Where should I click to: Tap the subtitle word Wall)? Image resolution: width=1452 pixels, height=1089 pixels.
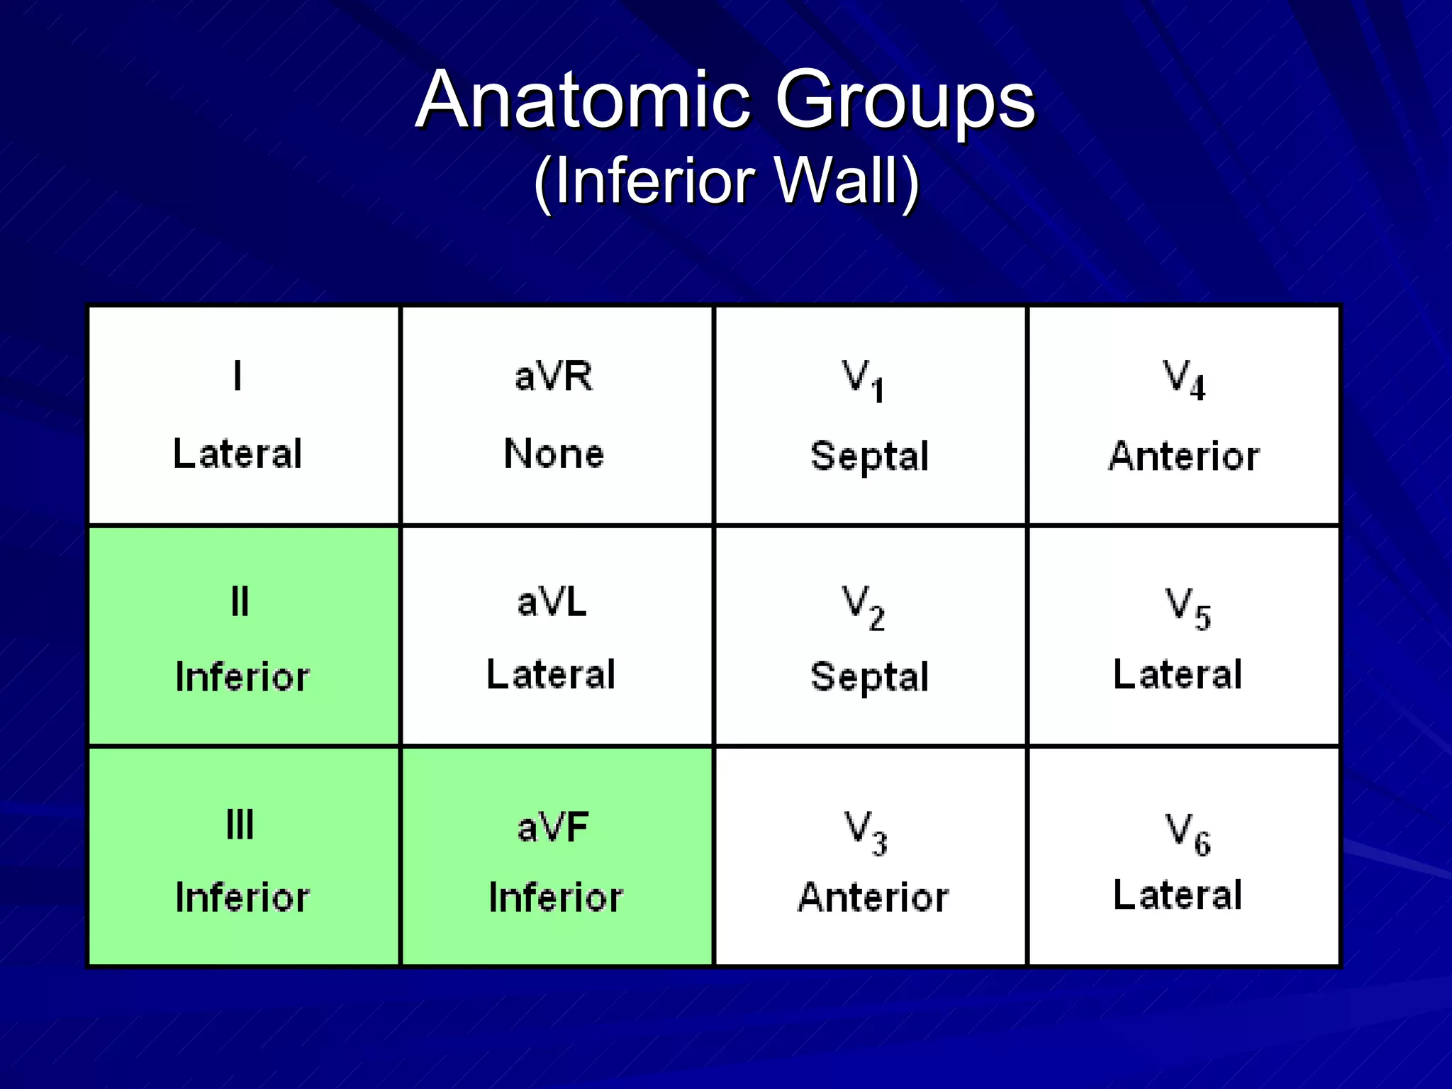point(847,181)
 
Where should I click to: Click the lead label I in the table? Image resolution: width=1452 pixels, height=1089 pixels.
point(238,376)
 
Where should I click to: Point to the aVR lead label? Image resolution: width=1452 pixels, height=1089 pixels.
point(554,376)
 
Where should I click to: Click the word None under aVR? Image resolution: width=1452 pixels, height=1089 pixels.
point(554,454)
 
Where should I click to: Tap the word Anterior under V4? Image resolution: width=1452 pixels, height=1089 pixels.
point(1184,456)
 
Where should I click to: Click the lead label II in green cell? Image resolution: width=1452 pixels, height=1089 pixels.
point(240,603)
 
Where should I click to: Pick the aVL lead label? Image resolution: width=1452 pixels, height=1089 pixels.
point(552,603)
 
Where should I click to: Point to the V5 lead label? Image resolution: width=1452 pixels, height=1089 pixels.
point(1188,608)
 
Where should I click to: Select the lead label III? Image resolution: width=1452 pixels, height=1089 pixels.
point(240,825)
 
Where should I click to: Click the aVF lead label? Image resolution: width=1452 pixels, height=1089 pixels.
point(554,827)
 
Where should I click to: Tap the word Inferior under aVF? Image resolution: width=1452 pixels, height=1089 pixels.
point(556,898)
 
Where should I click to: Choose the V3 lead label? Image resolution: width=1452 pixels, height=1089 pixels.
point(866,832)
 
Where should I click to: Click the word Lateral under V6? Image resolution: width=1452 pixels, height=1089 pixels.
point(1178,895)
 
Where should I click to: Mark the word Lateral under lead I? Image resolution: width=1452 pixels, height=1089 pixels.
point(238,454)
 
